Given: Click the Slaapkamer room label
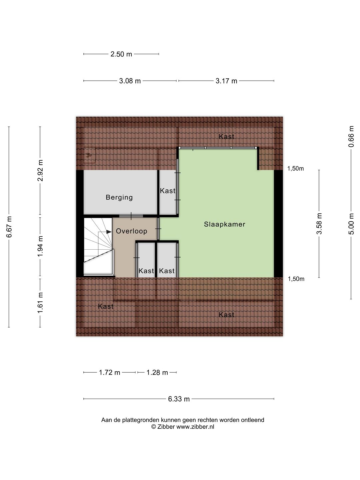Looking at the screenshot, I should click(x=224, y=224).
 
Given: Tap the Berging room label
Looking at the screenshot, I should click(x=119, y=197).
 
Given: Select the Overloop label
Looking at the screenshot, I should click(x=131, y=231).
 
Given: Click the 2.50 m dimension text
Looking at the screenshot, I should click(x=121, y=54).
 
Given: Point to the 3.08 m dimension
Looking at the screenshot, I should click(x=130, y=81).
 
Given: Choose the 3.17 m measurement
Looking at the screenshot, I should click(x=226, y=81).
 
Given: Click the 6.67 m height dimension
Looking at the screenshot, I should click(x=9, y=227).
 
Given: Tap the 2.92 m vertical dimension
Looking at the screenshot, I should click(x=40, y=170).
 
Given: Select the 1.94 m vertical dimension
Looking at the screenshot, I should click(x=40, y=246).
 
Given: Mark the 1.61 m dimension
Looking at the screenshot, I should click(x=40, y=302).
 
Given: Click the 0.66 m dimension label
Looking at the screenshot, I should click(x=351, y=136).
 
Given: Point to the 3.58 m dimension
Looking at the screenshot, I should click(x=319, y=223).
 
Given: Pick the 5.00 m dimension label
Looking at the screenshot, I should click(x=351, y=223).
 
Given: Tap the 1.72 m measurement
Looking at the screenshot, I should click(x=109, y=372).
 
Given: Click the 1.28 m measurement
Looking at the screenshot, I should click(x=157, y=372).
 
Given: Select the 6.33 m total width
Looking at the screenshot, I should click(x=179, y=399).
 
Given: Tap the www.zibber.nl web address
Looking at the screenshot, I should click(x=195, y=427).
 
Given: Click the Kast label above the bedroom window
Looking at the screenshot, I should click(x=226, y=137).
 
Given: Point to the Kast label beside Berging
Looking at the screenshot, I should click(x=167, y=191).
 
